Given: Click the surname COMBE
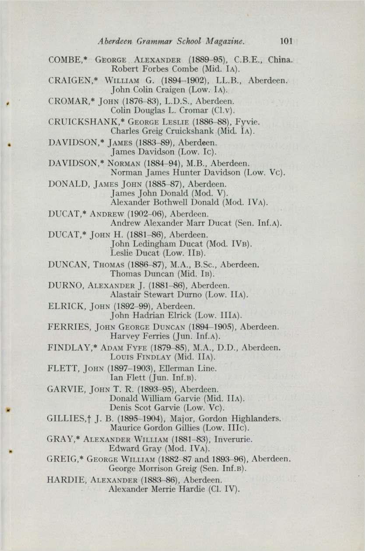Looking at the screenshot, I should tap(62, 59).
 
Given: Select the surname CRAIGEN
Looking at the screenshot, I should tap(65, 82).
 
